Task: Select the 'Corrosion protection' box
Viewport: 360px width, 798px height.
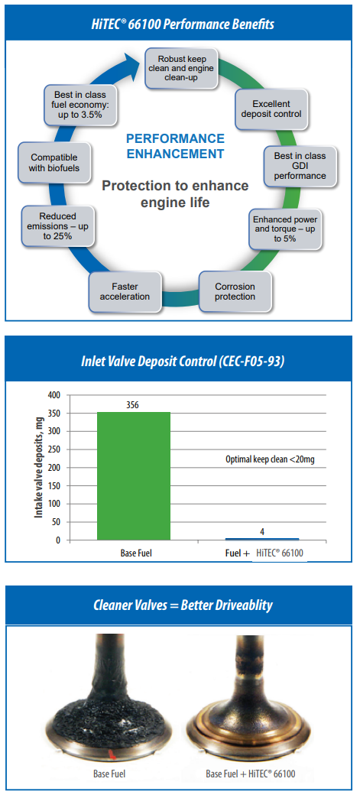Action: click(x=234, y=291)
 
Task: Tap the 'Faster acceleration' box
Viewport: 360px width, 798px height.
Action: click(x=125, y=291)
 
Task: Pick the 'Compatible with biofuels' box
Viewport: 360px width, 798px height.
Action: click(x=54, y=162)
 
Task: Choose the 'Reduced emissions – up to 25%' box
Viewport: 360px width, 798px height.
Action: click(x=57, y=225)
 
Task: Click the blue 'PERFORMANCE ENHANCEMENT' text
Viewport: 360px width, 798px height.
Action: click(x=175, y=145)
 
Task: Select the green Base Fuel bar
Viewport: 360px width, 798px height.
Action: click(x=134, y=476)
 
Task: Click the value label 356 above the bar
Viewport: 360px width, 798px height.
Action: click(x=134, y=405)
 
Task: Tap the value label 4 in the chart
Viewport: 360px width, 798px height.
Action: click(x=261, y=532)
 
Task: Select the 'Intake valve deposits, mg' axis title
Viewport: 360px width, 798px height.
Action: click(x=38, y=467)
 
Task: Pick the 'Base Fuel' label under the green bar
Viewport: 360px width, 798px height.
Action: click(x=134, y=553)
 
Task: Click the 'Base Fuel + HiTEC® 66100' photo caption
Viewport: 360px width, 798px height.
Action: click(x=251, y=774)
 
